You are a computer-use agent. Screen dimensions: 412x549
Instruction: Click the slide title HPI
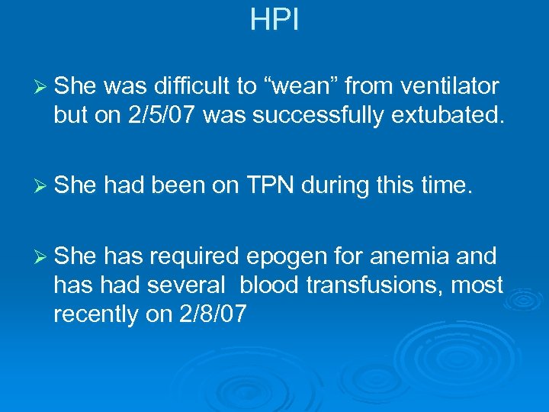click(x=274, y=21)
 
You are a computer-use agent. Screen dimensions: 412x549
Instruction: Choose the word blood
click(x=270, y=285)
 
